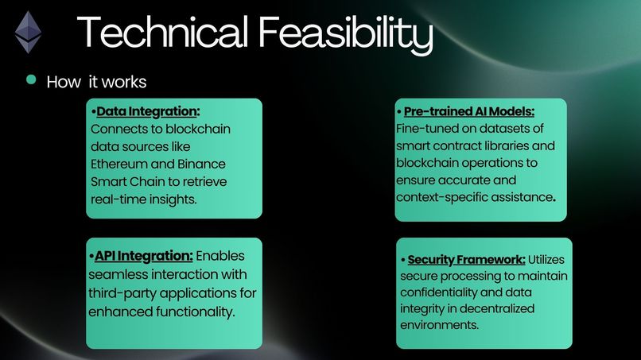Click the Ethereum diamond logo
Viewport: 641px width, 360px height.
[28, 33]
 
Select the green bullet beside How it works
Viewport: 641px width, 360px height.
[32, 79]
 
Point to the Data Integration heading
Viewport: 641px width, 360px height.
[147, 111]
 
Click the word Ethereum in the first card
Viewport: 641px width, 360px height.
[120, 164]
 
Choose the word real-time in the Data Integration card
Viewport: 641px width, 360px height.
[118, 199]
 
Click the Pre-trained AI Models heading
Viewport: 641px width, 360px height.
[469, 111]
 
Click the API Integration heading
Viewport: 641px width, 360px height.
[144, 256]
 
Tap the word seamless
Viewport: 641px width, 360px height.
[119, 274]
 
